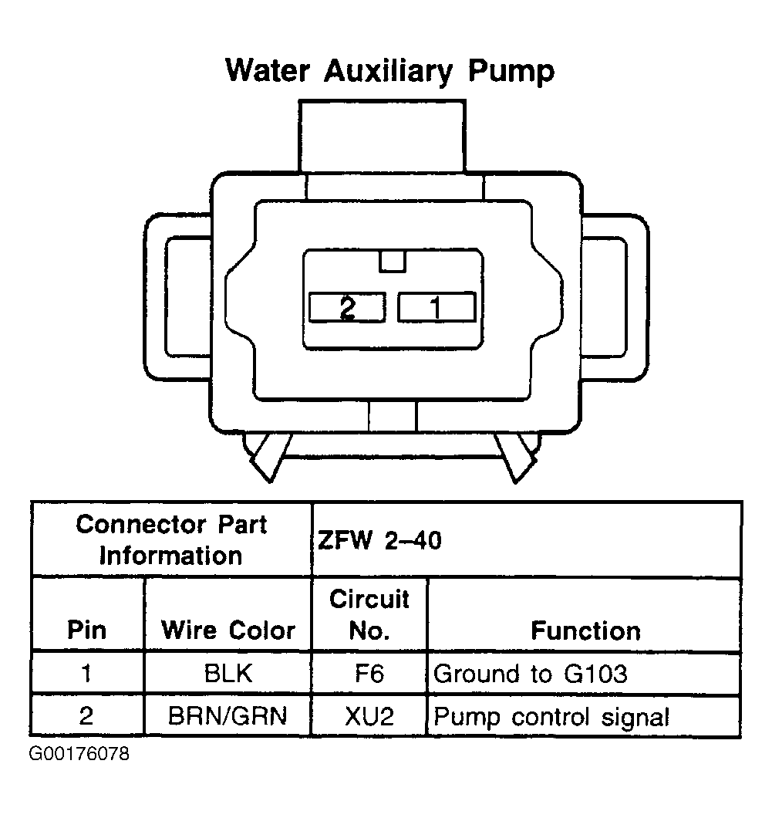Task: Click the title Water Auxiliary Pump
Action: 389,71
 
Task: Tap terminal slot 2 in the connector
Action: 347,307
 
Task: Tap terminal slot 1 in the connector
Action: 436,307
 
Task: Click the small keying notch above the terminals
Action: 392,261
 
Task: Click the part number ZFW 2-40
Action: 379,540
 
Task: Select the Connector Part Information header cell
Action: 171,539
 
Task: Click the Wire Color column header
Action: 228,630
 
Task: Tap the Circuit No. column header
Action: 369,615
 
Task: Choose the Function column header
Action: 585,630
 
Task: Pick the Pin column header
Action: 86,630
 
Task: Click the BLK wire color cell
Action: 228,674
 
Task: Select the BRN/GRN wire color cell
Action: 228,716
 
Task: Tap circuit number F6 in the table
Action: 369,674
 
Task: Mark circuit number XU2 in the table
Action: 369,716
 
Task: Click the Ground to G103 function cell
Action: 531,674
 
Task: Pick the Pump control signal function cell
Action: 551,716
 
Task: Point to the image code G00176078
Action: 79,753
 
